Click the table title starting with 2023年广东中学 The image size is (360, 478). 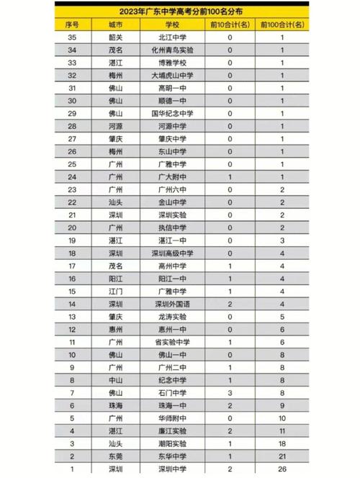point(181,12)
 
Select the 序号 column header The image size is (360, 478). point(72,24)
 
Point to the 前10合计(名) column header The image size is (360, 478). point(230,24)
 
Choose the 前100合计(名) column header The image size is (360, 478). point(283,24)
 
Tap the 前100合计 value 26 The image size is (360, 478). point(283,469)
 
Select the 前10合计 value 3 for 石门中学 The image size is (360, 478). point(230,392)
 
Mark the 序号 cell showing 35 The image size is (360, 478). point(72,37)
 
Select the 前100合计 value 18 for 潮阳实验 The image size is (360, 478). point(283,444)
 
